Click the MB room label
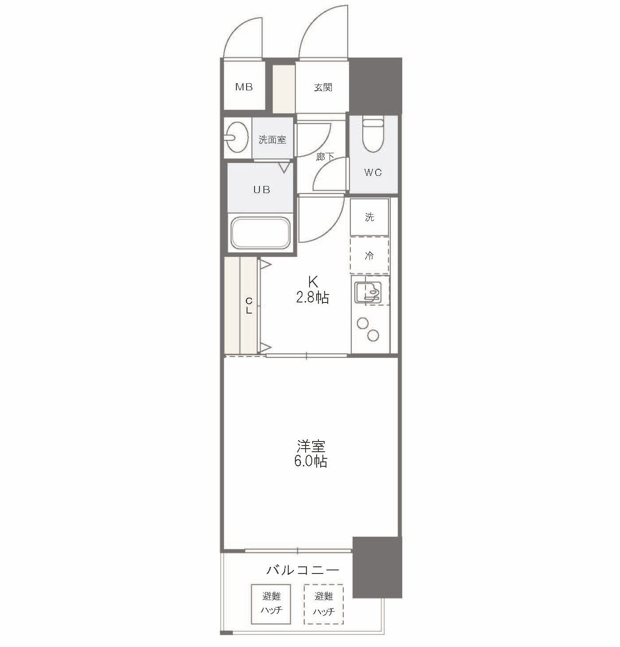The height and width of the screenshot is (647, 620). (244, 87)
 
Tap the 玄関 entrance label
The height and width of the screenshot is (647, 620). (323, 88)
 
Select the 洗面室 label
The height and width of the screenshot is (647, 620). (272, 140)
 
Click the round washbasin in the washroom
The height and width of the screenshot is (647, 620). (236, 137)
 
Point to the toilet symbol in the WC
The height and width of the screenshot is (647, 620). (373, 135)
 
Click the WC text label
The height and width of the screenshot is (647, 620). (373, 172)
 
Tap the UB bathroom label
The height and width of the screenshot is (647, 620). (262, 190)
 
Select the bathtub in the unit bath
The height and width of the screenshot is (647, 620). (261, 232)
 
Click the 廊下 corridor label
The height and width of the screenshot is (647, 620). (325, 157)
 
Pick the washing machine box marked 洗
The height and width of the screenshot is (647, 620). (369, 217)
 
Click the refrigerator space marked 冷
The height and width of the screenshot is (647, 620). (369, 256)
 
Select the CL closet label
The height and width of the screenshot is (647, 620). (249, 306)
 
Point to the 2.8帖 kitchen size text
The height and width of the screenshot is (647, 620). (313, 298)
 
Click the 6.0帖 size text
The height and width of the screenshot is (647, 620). (311, 461)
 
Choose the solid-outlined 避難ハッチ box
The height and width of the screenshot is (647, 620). (271, 604)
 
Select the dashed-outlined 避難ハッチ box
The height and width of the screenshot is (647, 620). (324, 604)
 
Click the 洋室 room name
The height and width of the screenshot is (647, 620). (311, 446)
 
